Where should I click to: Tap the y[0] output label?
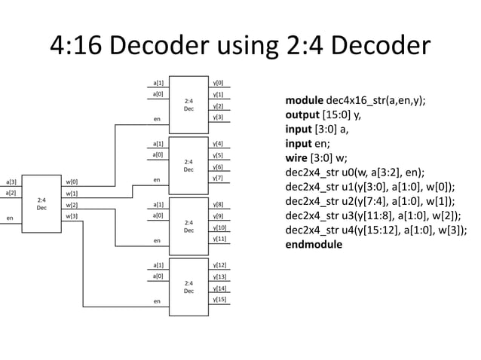[x=219, y=83]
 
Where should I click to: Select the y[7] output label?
[x=219, y=178]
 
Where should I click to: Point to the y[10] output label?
[x=220, y=227]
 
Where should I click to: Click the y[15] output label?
[x=220, y=300]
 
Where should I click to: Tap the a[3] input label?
[x=12, y=182]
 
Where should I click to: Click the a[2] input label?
[x=12, y=194]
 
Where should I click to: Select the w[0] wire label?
[x=72, y=182]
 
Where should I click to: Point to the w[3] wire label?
[x=72, y=216]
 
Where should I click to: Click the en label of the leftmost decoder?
[x=10, y=218]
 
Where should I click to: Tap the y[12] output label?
[x=220, y=265]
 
